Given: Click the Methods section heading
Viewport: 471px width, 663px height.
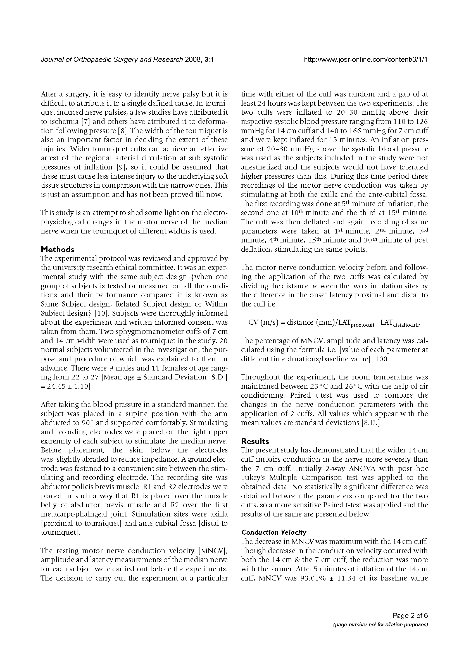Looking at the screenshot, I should click(x=58, y=249).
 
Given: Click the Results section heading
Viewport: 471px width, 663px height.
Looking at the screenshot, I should click(x=255, y=441).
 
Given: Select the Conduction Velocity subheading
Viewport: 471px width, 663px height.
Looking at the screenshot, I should click(x=273, y=532).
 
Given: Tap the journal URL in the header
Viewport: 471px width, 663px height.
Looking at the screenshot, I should click(x=366, y=60).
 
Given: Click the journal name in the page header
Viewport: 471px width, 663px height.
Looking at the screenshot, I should click(x=112, y=60).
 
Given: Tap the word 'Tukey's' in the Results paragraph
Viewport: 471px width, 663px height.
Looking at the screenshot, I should click(x=253, y=478).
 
